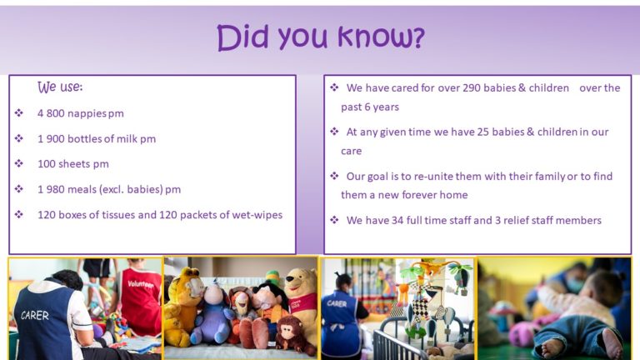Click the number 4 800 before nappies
pos(51,113)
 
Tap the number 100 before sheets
pos(47,164)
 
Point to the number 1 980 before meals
pos(51,189)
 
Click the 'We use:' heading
pos(60,87)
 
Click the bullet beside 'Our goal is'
pos(334,176)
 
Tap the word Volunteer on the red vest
pos(141,283)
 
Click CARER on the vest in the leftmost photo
pos(35,315)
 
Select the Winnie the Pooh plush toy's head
pos(300,281)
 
